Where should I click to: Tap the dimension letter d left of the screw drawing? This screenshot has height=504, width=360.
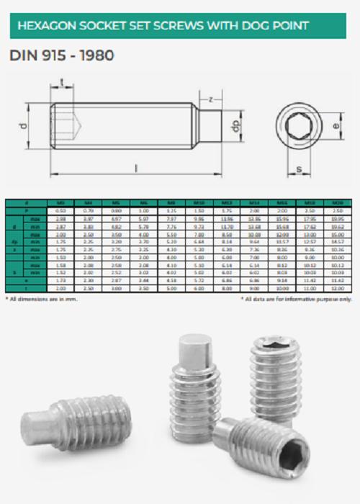23,126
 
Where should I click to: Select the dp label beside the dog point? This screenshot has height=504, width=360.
233,126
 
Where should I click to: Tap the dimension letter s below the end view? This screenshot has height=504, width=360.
298,170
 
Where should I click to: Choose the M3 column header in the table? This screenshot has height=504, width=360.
60,204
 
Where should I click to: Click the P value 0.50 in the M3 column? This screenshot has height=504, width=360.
60,210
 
